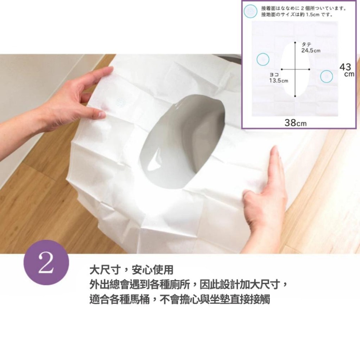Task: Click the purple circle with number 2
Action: tap(46, 262)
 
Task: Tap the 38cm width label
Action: tap(296, 123)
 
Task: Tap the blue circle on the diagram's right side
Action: tap(326, 76)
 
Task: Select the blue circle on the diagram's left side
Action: tap(263, 59)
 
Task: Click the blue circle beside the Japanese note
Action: tap(250, 11)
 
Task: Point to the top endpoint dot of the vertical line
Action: tap(295, 42)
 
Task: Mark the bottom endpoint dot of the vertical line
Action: tap(295, 96)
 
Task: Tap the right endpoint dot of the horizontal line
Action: tap(309, 69)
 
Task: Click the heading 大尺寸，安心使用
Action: tap(131, 270)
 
